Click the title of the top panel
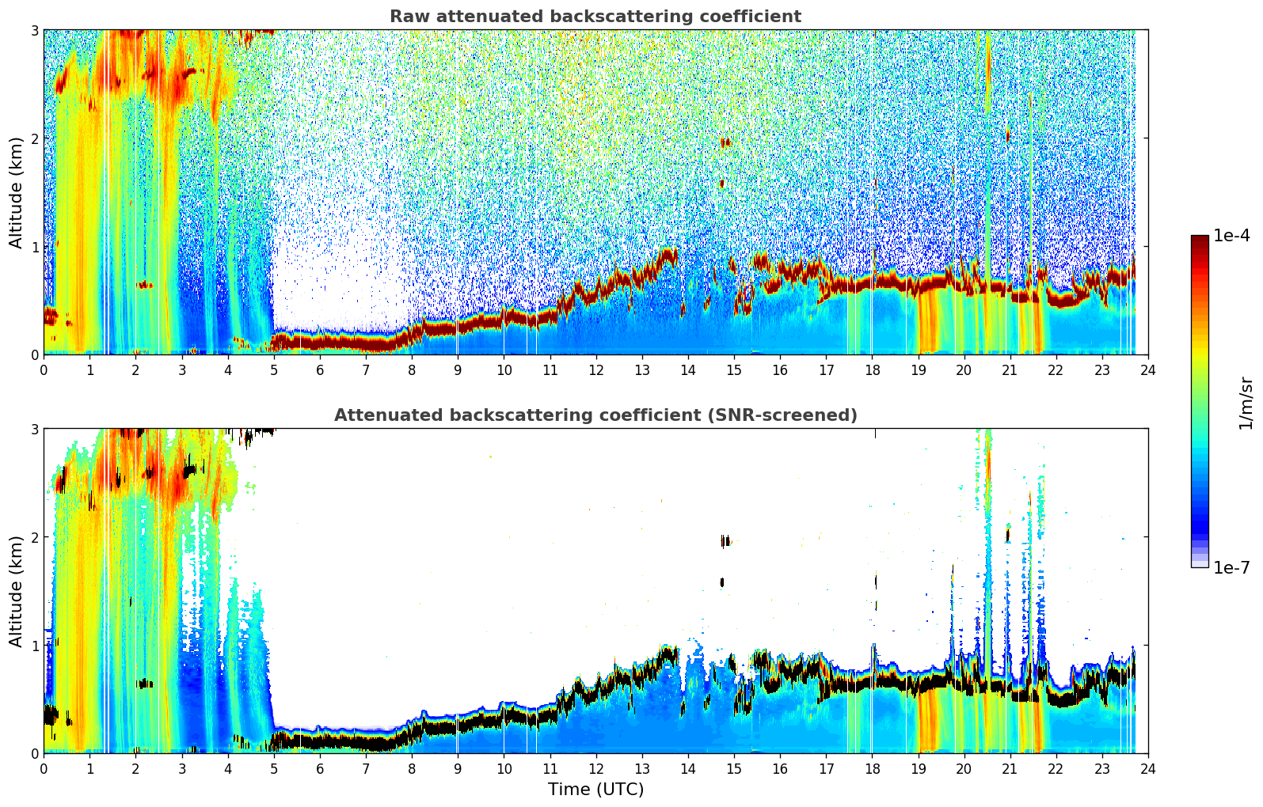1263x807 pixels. pos(595,17)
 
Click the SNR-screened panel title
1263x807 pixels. pos(595,415)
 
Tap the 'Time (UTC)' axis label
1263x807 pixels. pos(595,790)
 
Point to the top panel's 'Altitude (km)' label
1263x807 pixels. pos(16,193)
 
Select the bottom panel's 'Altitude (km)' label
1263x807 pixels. pos(16,592)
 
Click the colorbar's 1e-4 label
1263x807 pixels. pos(1231,236)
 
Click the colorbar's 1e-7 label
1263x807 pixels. pos(1231,567)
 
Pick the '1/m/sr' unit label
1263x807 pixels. pos(1246,403)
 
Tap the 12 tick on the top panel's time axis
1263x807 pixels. pos(596,370)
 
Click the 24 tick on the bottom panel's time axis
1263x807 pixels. pos(1148,769)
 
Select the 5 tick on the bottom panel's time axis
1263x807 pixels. pos(274,769)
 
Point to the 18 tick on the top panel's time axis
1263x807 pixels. pos(873,370)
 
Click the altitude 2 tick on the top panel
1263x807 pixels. pos(34,138)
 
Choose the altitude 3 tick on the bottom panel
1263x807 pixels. pos(34,430)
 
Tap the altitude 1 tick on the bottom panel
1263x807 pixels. pos(34,646)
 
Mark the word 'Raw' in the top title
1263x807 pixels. pos(410,17)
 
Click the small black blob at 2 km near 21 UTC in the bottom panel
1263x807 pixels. pos(1007,534)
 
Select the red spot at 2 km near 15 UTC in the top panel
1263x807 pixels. pos(725,142)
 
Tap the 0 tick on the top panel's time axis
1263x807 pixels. pos(44,370)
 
